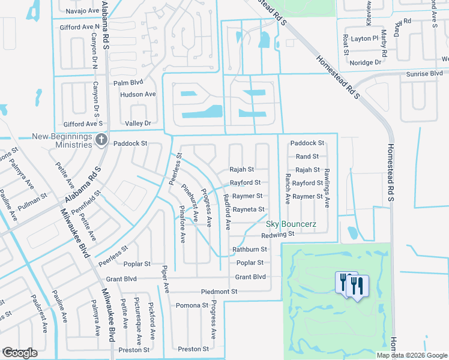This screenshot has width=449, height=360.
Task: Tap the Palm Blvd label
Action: click(128, 82)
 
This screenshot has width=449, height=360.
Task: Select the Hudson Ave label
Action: click(137, 94)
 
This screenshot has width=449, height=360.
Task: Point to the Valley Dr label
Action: click(137, 123)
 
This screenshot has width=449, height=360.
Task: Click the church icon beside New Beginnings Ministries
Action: click(101, 139)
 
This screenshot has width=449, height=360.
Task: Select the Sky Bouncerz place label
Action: click(291, 224)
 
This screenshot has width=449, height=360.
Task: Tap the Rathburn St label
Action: click(250, 250)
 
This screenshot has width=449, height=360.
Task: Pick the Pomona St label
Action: click(191, 305)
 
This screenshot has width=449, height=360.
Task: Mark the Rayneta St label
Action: click(248, 209)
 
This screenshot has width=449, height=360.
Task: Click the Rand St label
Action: click(307, 157)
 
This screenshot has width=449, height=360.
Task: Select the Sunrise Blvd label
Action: click(424, 73)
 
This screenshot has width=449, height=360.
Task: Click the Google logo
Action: click(20, 353)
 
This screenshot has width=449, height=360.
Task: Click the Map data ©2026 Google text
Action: click(411, 355)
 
